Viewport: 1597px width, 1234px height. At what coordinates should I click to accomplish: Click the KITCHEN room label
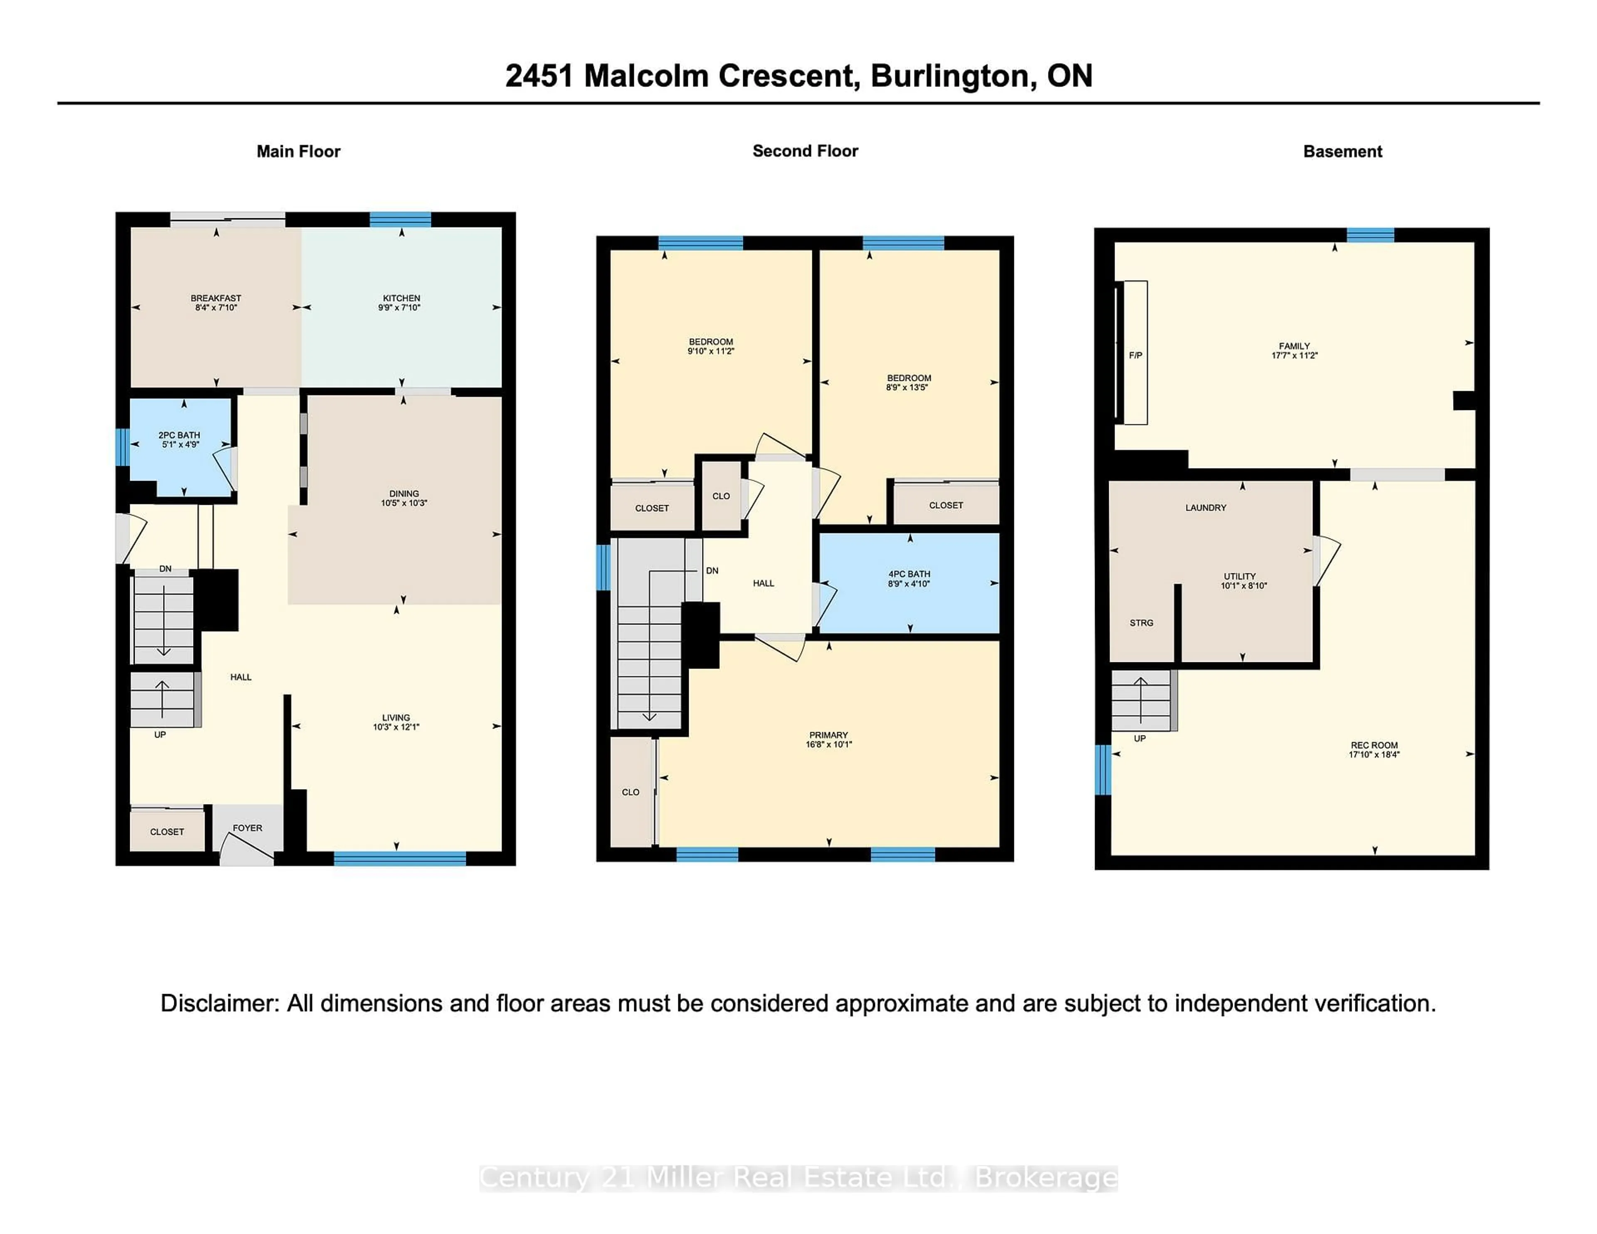click(x=401, y=298)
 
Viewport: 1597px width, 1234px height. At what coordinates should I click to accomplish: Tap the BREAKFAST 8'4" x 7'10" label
click(x=216, y=303)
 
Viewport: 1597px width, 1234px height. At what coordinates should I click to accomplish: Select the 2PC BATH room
click(x=179, y=439)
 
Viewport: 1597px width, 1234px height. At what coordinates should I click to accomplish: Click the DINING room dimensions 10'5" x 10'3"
click(x=404, y=503)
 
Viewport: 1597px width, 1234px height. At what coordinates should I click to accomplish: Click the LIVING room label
click(x=396, y=718)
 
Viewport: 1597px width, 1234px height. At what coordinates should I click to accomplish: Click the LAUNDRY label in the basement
click(x=1205, y=507)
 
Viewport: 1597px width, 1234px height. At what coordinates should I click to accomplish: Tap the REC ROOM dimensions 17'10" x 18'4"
click(x=1374, y=755)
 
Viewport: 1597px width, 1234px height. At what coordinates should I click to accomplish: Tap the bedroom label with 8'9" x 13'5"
click(x=908, y=383)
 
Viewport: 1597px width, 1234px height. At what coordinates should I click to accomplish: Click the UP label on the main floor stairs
click(x=160, y=735)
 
